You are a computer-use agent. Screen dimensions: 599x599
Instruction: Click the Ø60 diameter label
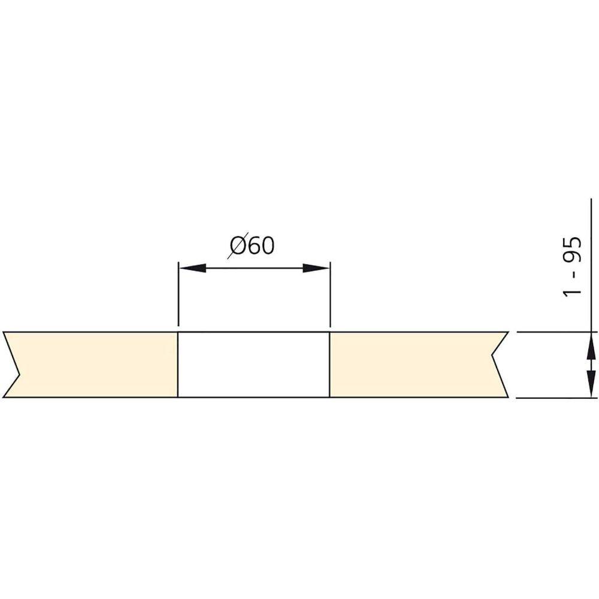[x=252, y=246]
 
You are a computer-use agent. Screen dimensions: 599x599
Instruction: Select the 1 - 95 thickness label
[x=573, y=267]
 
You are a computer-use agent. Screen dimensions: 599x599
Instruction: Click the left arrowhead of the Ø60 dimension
[x=193, y=268]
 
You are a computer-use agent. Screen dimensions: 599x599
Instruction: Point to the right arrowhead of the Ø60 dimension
[x=316, y=268]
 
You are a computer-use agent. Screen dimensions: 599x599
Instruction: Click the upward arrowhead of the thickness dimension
[x=591, y=346]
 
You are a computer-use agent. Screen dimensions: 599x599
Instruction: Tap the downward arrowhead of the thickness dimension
[x=591, y=384]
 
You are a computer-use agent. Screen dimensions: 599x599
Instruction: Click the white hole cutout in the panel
[x=253, y=365]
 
